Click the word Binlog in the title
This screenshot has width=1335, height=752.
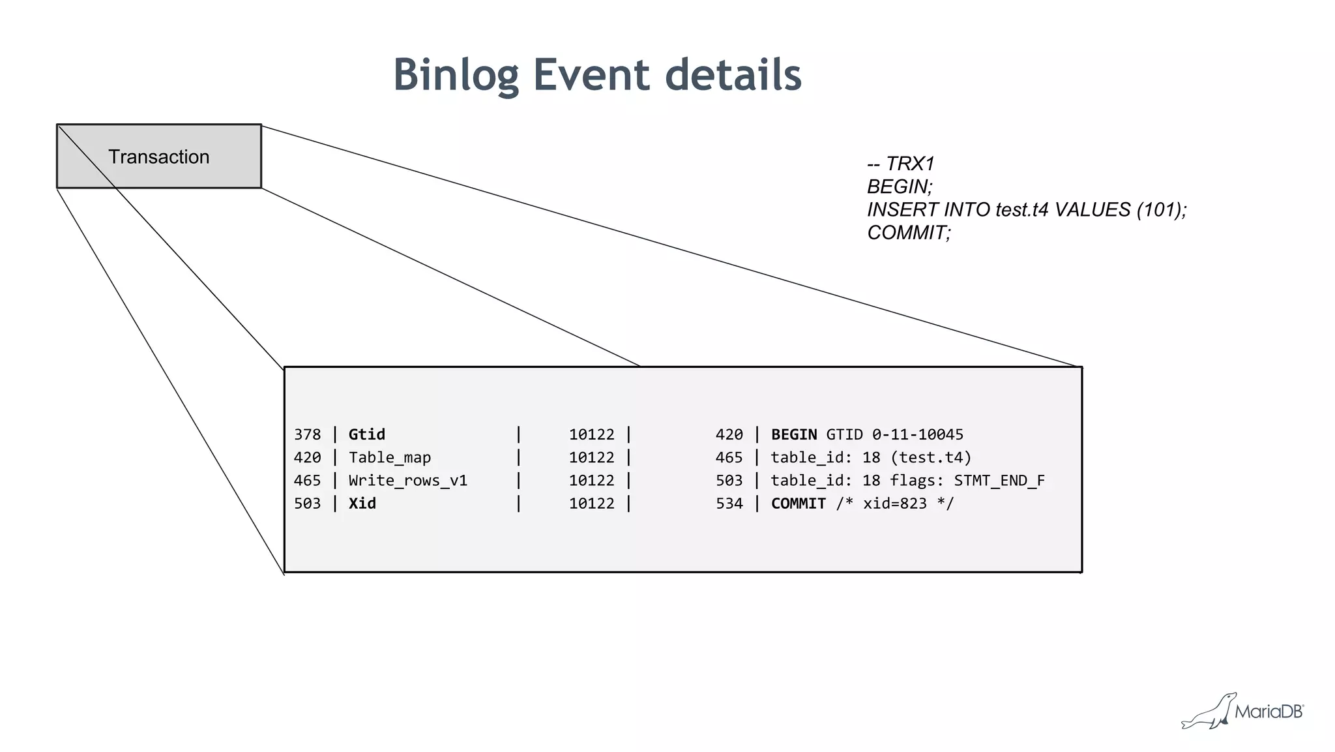pos(456,75)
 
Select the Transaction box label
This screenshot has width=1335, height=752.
pos(158,157)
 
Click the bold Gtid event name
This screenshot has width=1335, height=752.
pos(366,434)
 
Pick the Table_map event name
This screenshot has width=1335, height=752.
pos(389,458)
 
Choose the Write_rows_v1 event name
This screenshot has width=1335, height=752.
pos(407,481)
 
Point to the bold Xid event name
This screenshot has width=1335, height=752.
pos(362,504)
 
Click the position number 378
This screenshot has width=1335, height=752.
pos(307,434)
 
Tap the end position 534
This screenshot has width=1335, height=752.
pos(729,504)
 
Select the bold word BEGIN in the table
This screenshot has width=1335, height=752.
pos(793,434)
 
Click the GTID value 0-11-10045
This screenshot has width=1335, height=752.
pos(917,434)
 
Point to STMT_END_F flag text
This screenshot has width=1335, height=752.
pos(999,481)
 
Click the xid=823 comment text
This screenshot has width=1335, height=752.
pos(894,504)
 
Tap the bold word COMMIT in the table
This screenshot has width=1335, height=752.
pos(798,504)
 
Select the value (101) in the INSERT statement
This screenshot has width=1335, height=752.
pos(1158,210)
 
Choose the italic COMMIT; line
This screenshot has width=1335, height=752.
pos(909,233)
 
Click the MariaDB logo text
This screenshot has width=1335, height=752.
pos(1269,712)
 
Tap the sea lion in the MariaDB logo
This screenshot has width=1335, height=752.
pos(1210,713)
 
